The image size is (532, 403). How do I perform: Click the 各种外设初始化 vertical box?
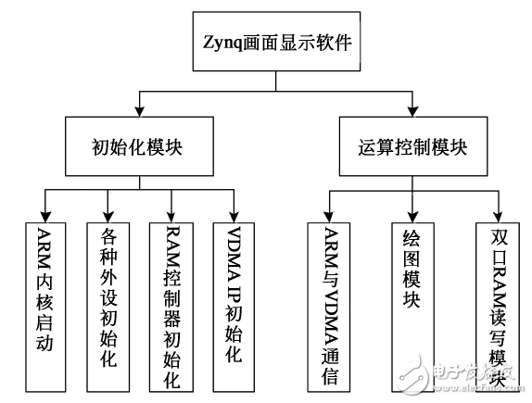pyautogui.click(x=108, y=305)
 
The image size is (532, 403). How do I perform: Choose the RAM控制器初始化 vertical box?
pyautogui.click(x=171, y=305)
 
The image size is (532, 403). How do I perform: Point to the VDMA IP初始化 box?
pyautogui.click(x=235, y=305)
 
